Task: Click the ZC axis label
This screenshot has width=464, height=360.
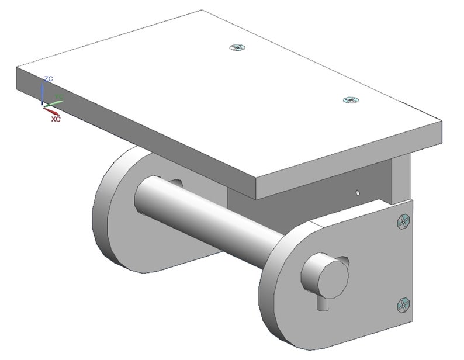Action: click(x=49, y=78)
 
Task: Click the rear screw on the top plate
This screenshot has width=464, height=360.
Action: click(x=237, y=48)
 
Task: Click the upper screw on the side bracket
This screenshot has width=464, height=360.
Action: click(x=403, y=221)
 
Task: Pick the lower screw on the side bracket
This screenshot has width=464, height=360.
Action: click(x=404, y=304)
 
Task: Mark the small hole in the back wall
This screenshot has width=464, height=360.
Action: click(x=357, y=191)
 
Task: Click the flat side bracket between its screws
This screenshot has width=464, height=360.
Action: click(x=403, y=263)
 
